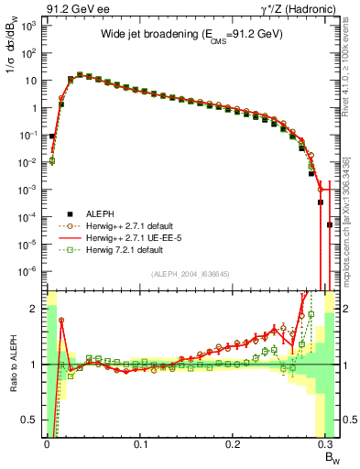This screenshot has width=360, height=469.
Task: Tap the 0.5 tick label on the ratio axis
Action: tap(32, 420)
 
